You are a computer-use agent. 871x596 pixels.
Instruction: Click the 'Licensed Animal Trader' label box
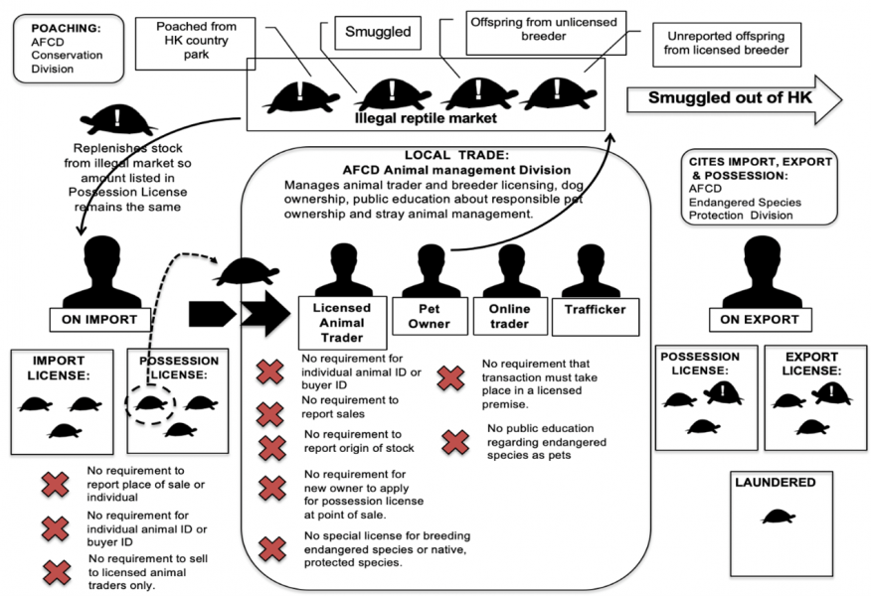(341, 322)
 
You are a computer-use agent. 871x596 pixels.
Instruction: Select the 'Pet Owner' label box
(430, 316)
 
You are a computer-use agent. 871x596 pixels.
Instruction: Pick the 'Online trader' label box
(509, 316)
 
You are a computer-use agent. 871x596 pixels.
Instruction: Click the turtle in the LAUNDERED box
(779, 517)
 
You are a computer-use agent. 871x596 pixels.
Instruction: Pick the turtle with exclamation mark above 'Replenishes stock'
(118, 119)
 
